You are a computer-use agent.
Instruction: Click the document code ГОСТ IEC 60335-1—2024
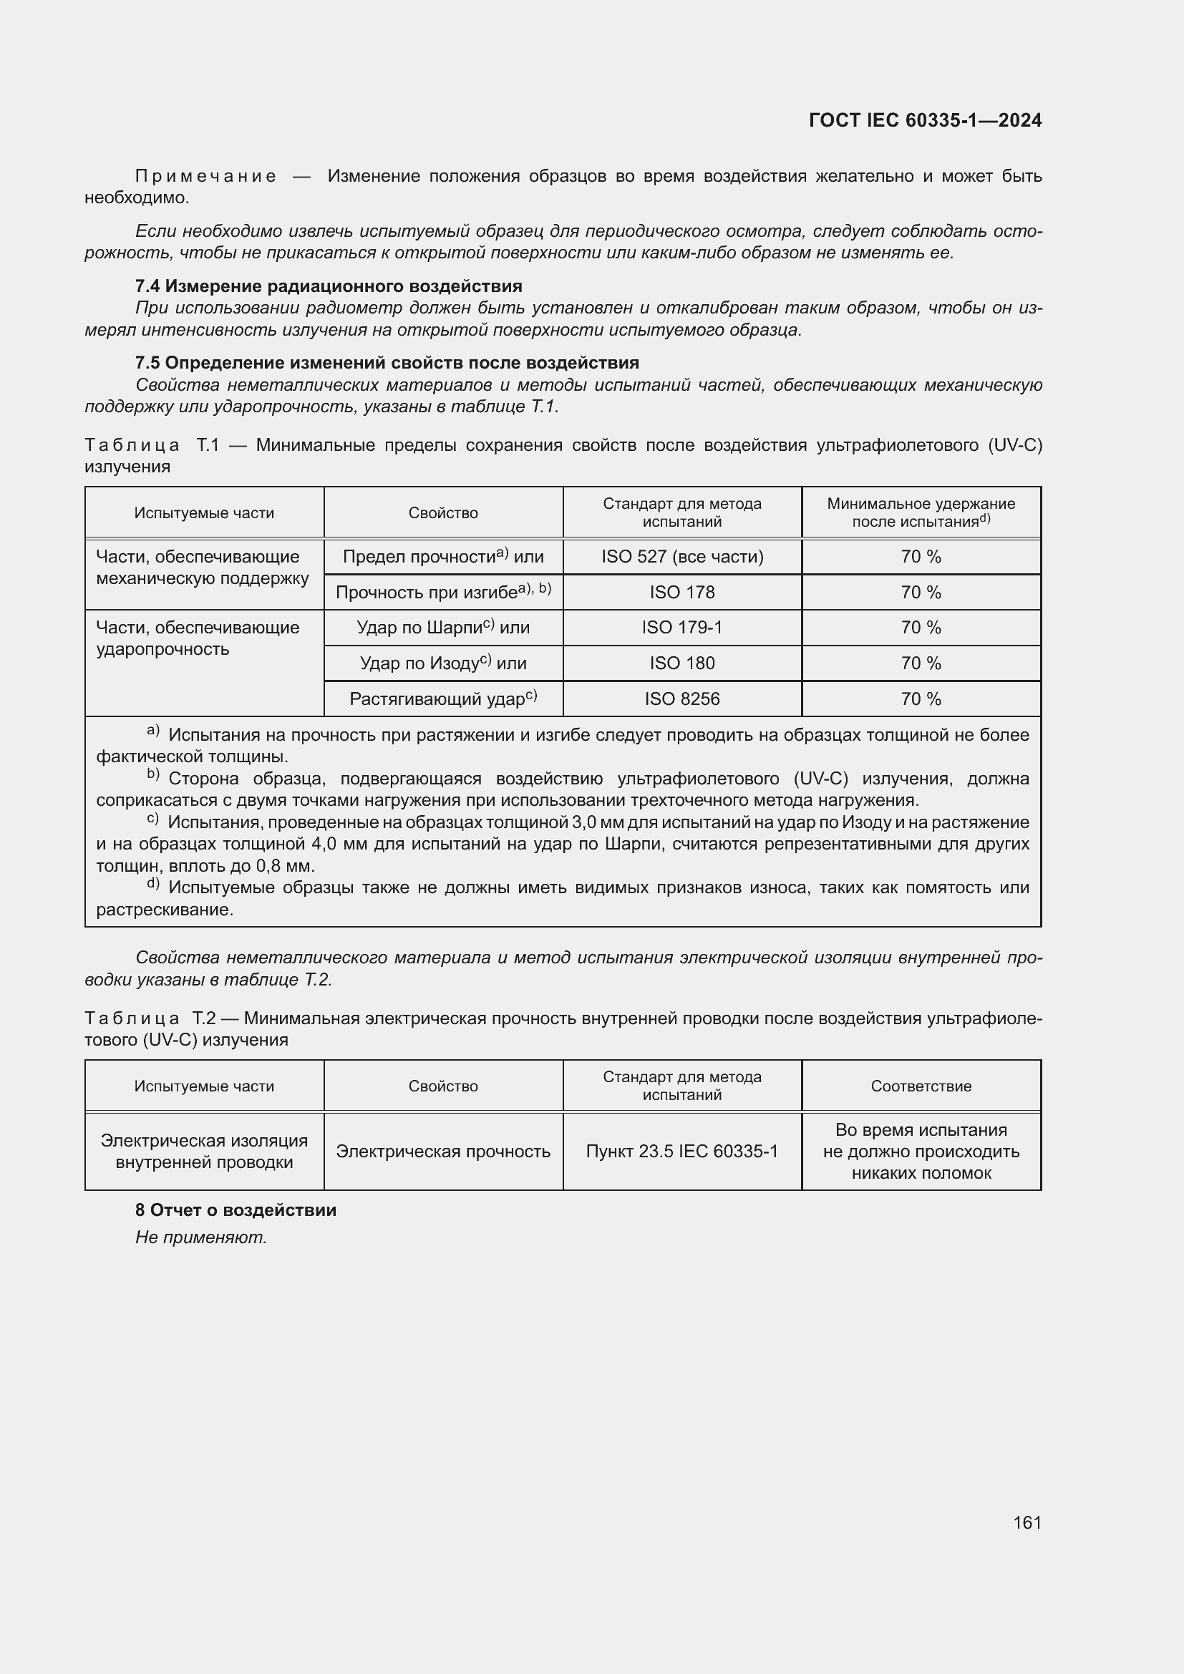[924, 120]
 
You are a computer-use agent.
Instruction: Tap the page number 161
[1027, 1522]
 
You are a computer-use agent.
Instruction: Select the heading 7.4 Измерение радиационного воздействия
[328, 286]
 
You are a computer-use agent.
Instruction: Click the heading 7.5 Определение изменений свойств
[387, 362]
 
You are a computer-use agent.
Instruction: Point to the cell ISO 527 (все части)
[681, 557]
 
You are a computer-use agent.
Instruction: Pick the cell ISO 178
[681, 592]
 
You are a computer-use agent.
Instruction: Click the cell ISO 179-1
[681, 628]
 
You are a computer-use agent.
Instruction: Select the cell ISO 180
[681, 663]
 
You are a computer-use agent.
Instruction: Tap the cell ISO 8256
[681, 699]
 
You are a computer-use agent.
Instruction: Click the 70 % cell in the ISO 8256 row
[921, 699]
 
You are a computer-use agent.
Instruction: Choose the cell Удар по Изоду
[442, 663]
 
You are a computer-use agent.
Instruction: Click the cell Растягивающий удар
[442, 699]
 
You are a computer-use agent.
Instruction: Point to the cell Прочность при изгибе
[442, 592]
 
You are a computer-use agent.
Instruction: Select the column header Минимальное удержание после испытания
[921, 512]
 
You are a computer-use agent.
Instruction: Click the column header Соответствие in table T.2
[921, 1086]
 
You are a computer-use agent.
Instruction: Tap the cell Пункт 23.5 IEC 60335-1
[681, 1152]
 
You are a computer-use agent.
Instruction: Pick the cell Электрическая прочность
[442, 1152]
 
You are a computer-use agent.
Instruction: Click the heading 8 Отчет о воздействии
[236, 1210]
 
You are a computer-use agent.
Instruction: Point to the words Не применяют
[201, 1237]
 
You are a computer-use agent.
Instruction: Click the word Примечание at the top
[205, 177]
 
